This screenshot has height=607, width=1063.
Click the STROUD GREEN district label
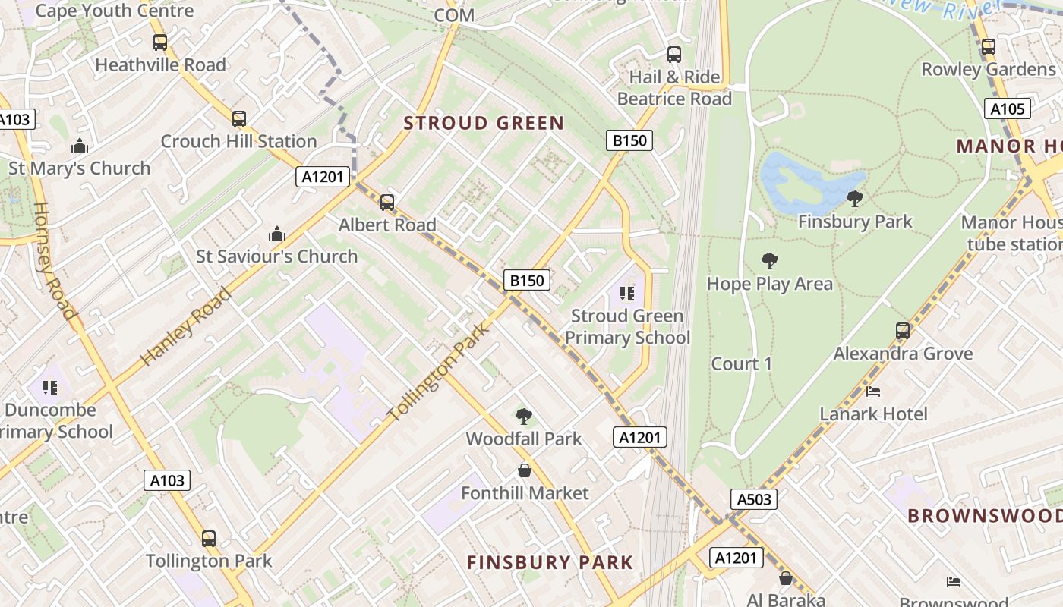484,123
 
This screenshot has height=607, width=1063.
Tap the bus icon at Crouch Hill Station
239,119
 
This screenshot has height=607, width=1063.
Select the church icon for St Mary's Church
80,146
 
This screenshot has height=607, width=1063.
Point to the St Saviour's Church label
277,256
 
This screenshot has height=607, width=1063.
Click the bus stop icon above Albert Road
387,203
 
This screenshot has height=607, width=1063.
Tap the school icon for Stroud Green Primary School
626,293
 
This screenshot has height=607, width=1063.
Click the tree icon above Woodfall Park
523,416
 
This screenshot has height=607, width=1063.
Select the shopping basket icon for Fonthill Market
524,470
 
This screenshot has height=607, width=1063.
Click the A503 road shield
754,499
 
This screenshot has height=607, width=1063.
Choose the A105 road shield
1008,109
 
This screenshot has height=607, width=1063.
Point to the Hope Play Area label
769,284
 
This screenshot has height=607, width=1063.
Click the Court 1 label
741,364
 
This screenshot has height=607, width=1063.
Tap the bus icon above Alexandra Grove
902,331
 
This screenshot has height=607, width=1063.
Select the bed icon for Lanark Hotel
873,392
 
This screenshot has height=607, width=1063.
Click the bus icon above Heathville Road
160,42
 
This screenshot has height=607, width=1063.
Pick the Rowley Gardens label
988,69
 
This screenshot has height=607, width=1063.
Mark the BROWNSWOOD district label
985,516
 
